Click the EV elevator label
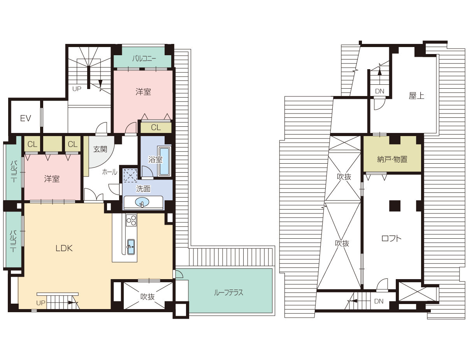click(25, 118)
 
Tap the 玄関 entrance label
click(100, 149)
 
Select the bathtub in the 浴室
click(164, 161)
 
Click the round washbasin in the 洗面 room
click(142, 202)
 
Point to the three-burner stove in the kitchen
click(131, 220)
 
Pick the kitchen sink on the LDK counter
click(131, 246)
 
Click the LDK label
click(64, 248)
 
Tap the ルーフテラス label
click(228, 293)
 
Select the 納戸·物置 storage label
click(392, 159)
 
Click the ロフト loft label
click(392, 238)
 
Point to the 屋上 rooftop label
click(416, 96)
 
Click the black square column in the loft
click(395, 206)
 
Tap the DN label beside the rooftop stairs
click(379, 91)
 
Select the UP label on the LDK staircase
click(41, 303)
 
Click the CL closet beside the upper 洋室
click(156, 128)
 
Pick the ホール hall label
click(110, 172)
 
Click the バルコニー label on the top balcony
click(144, 58)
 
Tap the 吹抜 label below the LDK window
click(147, 297)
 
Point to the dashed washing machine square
click(130, 176)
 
